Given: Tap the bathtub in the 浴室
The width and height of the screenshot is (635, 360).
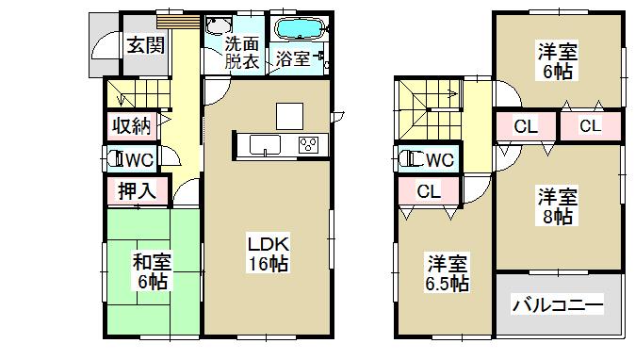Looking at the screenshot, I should [298, 28].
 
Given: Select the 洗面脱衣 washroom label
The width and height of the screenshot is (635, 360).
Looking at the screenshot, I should [241, 54].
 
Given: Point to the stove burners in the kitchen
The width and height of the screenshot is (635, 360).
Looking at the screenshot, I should [308, 144].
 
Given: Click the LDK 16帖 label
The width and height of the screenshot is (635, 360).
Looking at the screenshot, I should [268, 253].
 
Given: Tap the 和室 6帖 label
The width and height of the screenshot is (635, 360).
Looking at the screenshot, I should [151, 271].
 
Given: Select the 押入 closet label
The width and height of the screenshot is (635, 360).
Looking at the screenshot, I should [137, 189].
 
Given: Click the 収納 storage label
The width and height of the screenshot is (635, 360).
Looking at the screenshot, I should [131, 126].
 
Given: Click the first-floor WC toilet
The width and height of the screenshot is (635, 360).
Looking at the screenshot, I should [116, 158].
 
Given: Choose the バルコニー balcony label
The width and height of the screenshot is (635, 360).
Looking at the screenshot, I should [558, 304].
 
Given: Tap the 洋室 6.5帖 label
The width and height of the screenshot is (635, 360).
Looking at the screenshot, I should [445, 272].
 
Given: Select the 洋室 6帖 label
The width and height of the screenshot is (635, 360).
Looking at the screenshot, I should [559, 59].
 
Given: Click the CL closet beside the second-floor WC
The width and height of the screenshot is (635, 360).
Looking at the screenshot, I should [429, 192].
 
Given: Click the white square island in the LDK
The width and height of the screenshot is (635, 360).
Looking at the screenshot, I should [290, 114].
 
